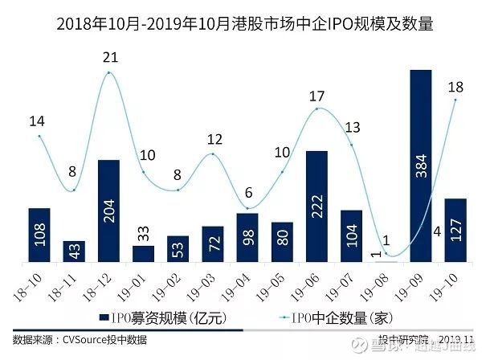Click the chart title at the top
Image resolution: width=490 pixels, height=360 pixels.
coord(245,25)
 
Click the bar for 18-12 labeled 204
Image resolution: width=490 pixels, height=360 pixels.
coord(108,211)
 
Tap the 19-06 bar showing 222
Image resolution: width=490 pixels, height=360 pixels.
coord(316,206)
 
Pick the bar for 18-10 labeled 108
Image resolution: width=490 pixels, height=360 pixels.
coord(39,235)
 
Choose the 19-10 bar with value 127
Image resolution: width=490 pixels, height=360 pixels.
coord(455,230)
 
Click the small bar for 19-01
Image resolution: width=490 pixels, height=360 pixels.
coord(143,254)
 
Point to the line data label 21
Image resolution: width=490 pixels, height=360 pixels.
coord(110,58)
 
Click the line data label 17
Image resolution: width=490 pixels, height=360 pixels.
coord(316,96)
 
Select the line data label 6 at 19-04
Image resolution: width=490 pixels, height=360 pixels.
coord(247,193)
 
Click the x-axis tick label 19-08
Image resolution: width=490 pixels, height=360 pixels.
coord(385,282)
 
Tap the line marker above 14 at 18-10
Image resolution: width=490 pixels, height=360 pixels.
coord(39,136)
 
